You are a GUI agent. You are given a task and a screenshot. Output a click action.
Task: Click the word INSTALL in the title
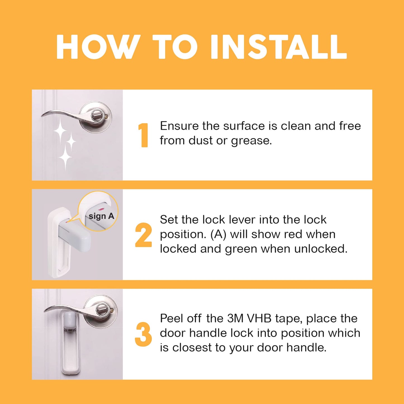pyautogui.click(x=279, y=47)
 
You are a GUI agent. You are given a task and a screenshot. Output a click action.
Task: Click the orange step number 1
pyautogui.click(x=144, y=135)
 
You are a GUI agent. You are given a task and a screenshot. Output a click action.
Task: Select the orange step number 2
pyautogui.click(x=143, y=235)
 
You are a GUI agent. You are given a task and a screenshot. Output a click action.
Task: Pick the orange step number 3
pyautogui.click(x=143, y=334)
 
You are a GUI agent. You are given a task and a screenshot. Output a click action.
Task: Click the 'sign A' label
pyautogui.click(x=101, y=216)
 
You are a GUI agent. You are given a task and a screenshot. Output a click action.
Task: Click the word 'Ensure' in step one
pyautogui.click(x=179, y=126)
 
